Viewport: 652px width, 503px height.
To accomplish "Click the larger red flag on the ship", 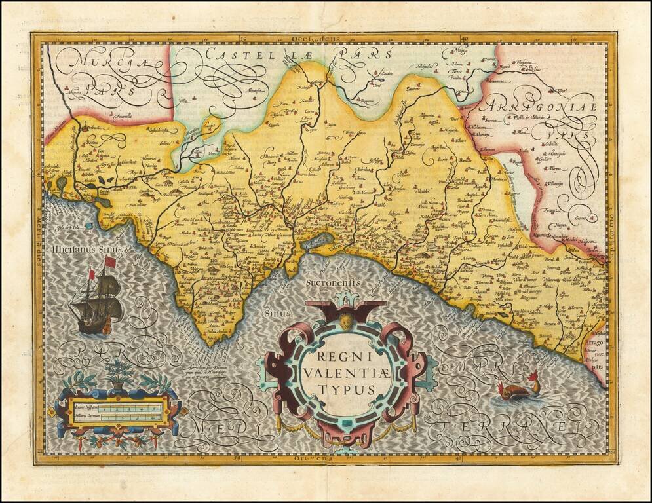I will pyautogui.click(x=109, y=262).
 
